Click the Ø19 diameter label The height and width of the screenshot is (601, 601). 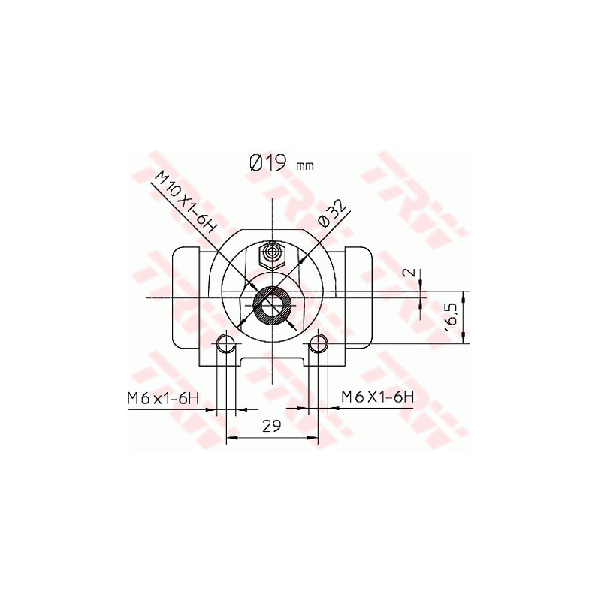coord(267,162)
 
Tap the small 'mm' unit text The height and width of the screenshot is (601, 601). coord(306,165)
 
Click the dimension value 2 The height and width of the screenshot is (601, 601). coord(409,272)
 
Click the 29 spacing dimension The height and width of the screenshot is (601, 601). coord(271,426)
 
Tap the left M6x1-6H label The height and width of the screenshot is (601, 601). coord(162,398)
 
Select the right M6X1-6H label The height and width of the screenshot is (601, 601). coord(378,396)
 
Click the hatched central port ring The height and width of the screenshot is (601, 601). coord(261,306)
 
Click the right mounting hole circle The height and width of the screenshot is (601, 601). coord(318,344)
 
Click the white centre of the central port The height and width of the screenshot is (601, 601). coord(271,305)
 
